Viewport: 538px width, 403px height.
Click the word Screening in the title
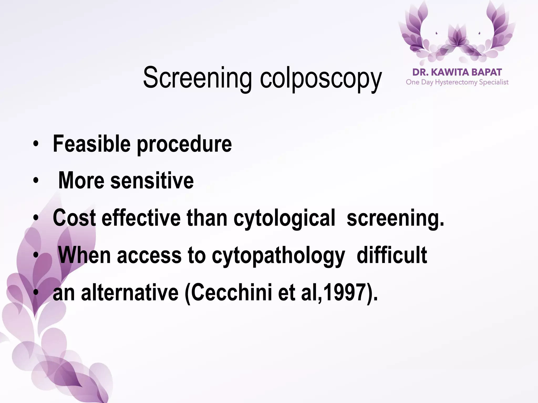coord(197,78)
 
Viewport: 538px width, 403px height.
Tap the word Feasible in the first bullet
coord(92,144)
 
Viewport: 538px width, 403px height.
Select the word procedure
coord(184,144)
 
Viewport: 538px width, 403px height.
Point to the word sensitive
coord(152,181)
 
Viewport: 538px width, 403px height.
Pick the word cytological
coord(284,218)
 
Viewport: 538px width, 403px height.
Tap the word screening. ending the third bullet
coord(395,218)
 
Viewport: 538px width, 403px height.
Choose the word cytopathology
coord(278,256)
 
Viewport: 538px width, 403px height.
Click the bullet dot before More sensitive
coord(36,181)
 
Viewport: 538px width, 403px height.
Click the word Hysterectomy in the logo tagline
coord(456,82)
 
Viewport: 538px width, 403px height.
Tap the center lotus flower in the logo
coord(457,39)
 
